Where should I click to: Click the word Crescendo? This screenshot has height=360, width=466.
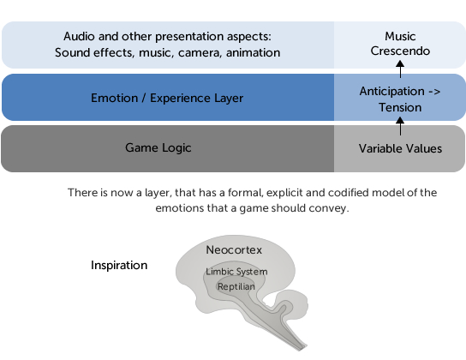(x=400, y=51)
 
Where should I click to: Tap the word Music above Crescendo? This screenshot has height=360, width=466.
(x=400, y=36)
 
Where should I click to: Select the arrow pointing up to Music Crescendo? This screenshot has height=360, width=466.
(x=400, y=69)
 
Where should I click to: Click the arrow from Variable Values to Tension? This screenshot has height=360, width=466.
(x=400, y=126)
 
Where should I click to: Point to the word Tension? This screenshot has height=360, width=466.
(x=400, y=107)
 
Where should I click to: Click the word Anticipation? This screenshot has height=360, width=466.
(x=392, y=92)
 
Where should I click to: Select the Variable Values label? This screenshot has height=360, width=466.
(x=400, y=148)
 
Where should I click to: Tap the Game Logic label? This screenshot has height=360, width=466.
(x=158, y=148)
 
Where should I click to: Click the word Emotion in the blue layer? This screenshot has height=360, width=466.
(x=115, y=98)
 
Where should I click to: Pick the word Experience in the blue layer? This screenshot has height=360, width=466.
(x=181, y=99)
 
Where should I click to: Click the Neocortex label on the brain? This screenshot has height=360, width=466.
(x=234, y=250)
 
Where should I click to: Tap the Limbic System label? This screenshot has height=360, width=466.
(x=236, y=272)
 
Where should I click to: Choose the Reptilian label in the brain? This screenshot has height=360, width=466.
(x=236, y=286)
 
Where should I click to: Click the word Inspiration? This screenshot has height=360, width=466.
(x=119, y=265)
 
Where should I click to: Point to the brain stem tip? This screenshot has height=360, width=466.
(x=301, y=349)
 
